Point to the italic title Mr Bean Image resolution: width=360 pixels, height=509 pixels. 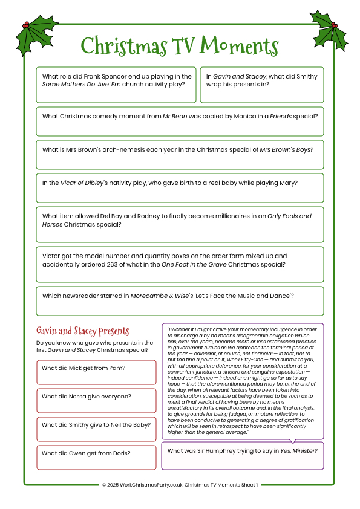pos(174,116)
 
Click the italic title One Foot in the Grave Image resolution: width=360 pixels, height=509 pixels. pos(195,264)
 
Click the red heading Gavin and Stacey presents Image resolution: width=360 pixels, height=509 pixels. pos(82,331)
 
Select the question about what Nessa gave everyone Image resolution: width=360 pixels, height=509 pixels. pos(86,397)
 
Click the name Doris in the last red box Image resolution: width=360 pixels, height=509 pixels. pos(120,453)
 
